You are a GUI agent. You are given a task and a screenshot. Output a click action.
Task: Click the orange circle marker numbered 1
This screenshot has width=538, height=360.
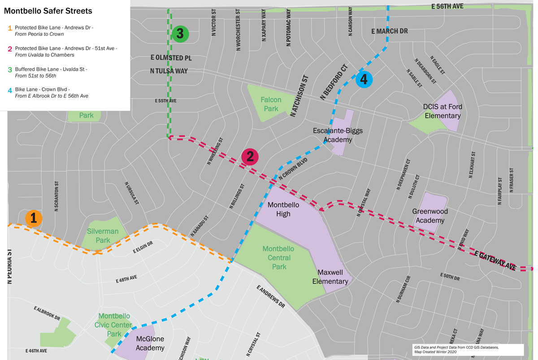33,218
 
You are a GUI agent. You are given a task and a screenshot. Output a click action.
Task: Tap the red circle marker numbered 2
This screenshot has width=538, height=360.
250,156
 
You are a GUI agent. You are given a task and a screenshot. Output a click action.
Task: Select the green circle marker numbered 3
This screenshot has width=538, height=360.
180,34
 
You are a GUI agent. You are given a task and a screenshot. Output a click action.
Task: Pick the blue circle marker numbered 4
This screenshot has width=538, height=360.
364,79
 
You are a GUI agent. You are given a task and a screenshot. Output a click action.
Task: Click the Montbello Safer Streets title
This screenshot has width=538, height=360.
48,11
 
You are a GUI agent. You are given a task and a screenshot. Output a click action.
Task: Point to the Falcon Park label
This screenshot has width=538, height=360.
271,104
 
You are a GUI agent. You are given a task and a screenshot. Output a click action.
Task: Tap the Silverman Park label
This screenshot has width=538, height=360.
103,236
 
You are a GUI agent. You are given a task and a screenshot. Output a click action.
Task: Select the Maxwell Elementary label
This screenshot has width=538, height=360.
333,277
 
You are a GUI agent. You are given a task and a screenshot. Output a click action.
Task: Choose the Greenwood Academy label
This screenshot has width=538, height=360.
430,216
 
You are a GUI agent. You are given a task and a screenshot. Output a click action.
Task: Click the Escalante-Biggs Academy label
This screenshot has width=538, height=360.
338,135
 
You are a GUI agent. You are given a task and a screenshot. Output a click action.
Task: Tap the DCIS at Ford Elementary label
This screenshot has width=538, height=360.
442,111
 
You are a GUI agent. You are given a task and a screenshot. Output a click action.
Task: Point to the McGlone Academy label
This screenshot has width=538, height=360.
150,343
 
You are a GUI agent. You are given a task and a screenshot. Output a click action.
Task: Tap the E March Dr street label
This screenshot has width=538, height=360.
390,31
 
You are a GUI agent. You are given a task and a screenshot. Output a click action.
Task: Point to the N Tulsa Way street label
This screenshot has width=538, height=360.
169,71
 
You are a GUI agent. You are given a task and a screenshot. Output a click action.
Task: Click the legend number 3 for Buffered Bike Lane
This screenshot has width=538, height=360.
10,69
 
